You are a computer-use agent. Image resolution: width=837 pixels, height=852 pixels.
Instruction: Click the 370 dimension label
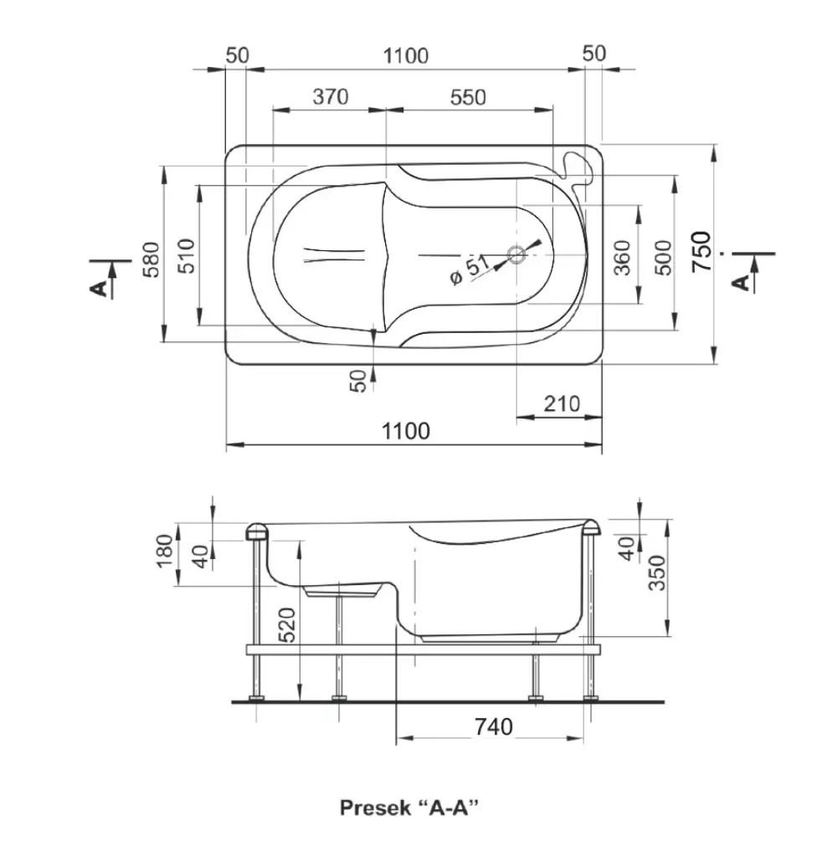(331, 97)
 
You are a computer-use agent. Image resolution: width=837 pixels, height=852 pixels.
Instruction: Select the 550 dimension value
(468, 97)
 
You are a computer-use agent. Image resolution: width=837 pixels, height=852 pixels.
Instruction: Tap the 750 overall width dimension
(701, 252)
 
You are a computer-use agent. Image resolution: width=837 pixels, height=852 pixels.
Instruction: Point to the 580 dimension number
(151, 259)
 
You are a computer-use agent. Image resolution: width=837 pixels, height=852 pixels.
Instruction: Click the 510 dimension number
(186, 256)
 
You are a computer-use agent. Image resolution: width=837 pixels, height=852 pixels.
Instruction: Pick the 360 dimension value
(623, 258)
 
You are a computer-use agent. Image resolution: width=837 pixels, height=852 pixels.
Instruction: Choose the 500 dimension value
(663, 258)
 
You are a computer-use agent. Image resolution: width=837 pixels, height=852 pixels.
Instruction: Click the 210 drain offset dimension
(562, 404)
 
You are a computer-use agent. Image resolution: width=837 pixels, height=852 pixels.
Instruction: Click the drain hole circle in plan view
(516, 254)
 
